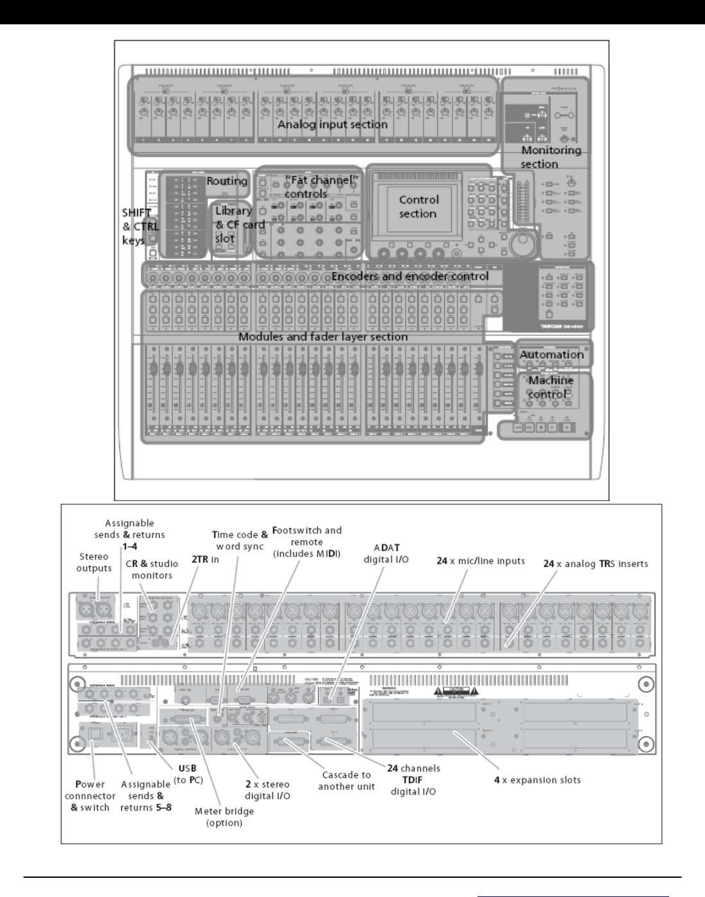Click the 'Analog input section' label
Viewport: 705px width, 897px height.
332,124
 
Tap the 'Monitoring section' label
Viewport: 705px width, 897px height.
551,157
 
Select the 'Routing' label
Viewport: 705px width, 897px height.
227,181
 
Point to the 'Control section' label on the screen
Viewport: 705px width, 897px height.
419,206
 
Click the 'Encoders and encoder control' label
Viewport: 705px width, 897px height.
410,276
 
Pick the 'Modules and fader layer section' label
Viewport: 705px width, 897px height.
322,336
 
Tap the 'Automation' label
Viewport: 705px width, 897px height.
551,354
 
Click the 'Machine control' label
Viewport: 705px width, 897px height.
551,387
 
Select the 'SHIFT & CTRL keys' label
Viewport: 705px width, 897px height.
140,226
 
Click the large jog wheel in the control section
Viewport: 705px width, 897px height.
524,245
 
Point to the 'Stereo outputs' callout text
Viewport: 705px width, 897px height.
94,563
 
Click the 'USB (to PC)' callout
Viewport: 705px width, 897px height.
187,774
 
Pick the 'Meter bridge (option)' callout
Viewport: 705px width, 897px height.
224,816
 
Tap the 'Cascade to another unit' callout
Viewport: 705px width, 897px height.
346,780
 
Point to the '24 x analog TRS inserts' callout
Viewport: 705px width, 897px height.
595,564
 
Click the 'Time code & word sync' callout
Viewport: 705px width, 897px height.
240,540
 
